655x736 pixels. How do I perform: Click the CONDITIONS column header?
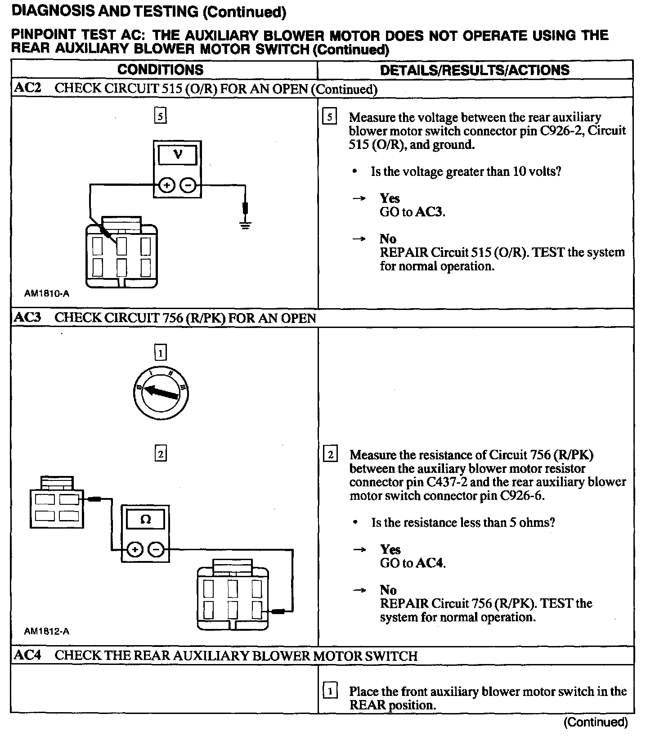(160, 70)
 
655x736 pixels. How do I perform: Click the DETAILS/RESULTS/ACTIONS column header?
(475, 70)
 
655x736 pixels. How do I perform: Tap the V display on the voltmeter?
(178, 155)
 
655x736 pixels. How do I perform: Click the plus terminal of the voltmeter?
(166, 185)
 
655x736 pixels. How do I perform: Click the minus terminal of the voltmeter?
(188, 185)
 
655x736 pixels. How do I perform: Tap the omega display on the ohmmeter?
(145, 520)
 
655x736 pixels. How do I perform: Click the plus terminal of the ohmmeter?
(135, 549)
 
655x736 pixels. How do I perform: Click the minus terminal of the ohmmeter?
(156, 549)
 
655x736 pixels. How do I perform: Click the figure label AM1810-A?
(47, 294)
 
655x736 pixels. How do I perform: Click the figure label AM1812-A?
(47, 631)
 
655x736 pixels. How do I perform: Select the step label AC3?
(27, 318)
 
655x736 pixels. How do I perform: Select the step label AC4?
(27, 655)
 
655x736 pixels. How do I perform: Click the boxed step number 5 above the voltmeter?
(160, 117)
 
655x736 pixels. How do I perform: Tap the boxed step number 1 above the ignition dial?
(160, 353)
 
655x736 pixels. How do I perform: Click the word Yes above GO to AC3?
(390, 198)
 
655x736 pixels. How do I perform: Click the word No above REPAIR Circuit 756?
(388, 590)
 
